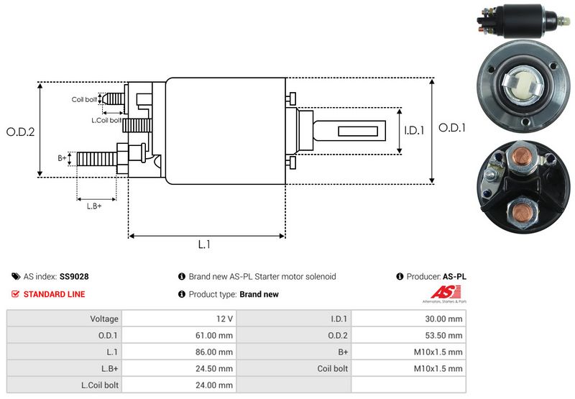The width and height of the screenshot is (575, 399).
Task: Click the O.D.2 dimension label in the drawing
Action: point(21,132)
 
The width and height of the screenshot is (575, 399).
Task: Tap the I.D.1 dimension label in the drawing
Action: point(415,131)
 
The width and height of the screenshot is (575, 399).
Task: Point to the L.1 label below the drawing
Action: point(204,244)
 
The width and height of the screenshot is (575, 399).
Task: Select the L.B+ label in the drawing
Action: point(94,206)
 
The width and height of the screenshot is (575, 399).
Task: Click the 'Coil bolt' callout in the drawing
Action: point(84,99)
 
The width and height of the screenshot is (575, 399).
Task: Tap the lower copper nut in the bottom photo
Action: point(519,211)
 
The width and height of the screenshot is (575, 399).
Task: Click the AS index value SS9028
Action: point(74,276)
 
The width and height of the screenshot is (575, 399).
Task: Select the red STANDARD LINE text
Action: point(54,294)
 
